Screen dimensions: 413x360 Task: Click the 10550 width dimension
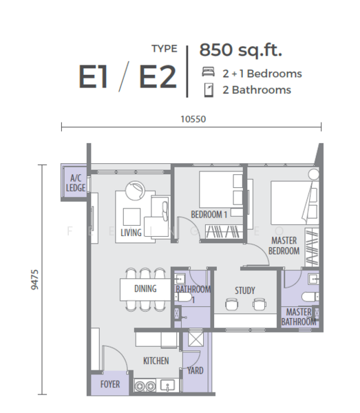[x=193, y=118]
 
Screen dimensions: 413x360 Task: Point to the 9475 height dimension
[x=35, y=280]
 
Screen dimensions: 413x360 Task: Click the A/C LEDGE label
[x=75, y=182]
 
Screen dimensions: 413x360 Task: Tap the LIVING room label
[x=131, y=233]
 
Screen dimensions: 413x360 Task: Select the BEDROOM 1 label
[x=209, y=215]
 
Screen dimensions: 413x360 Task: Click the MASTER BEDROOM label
[x=284, y=246]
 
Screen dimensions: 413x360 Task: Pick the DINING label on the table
[x=145, y=288]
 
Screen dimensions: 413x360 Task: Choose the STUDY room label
[x=244, y=290]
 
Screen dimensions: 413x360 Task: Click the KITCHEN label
[x=156, y=360]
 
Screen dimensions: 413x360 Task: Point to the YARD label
[x=195, y=370]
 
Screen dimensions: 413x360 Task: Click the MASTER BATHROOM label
[x=299, y=317]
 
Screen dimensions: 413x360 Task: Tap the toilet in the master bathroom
[x=308, y=296]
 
